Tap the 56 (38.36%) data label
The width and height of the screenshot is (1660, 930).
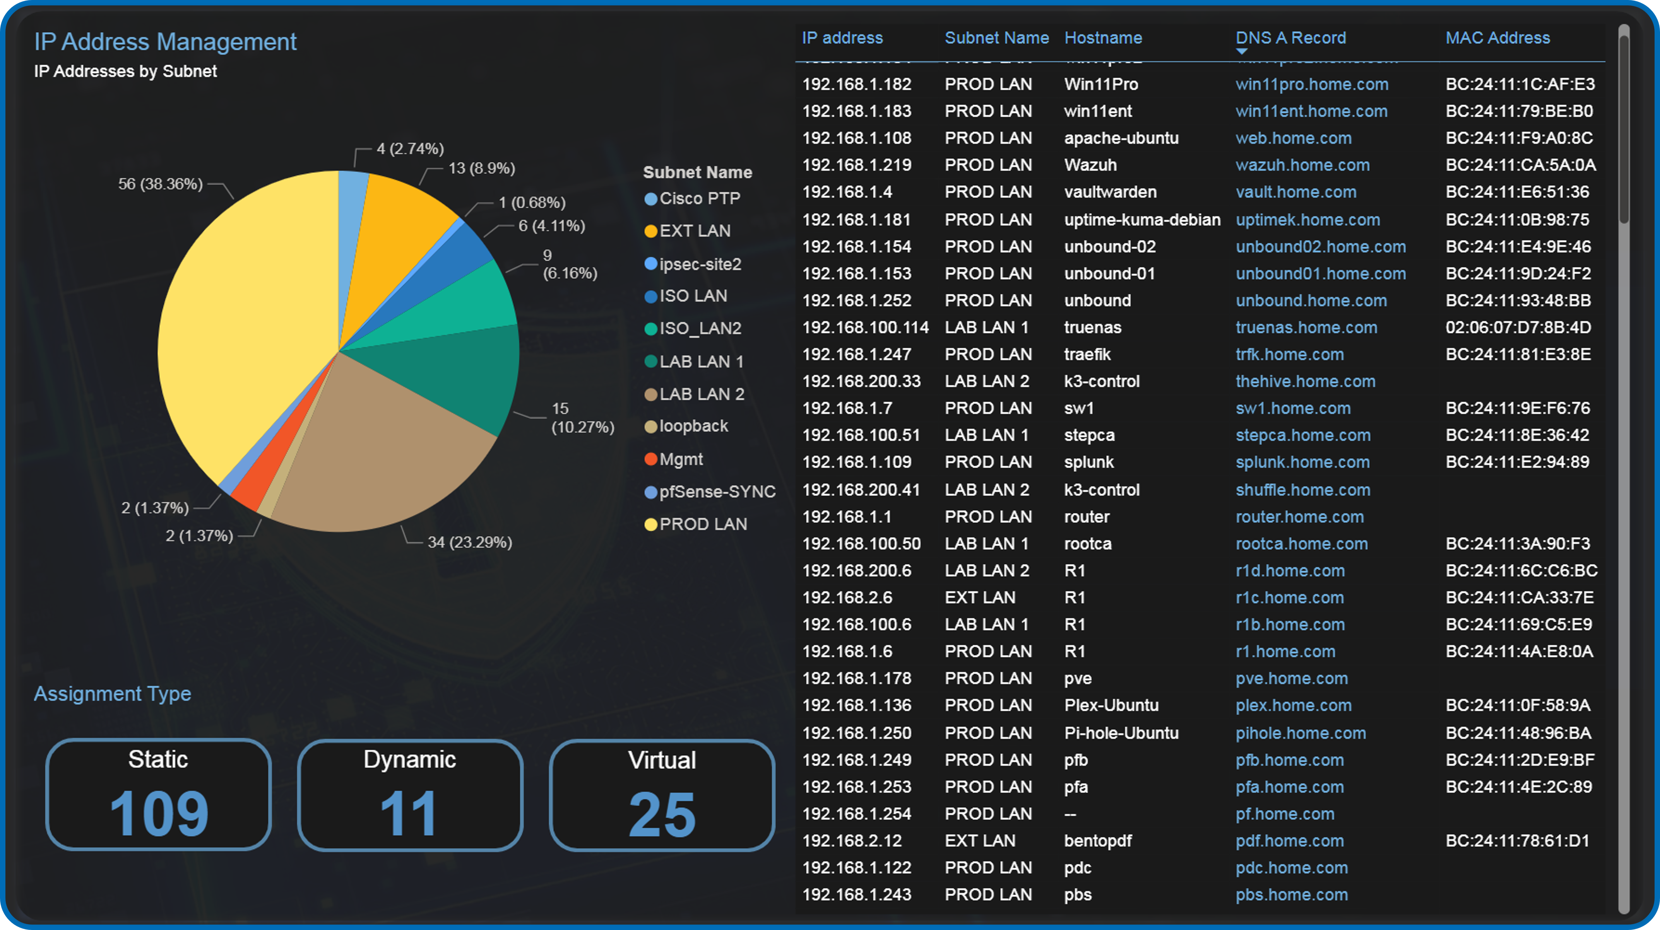pos(161,184)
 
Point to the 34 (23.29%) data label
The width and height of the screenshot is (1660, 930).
pos(470,542)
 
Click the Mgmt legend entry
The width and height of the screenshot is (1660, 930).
pos(681,459)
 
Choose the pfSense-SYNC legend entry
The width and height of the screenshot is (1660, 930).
pos(717,492)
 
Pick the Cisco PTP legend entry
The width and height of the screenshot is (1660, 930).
pos(699,198)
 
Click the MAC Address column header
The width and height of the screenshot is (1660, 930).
pos(1497,38)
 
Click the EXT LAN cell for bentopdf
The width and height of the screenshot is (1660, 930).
pos(979,840)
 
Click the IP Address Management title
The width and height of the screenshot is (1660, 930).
pos(165,42)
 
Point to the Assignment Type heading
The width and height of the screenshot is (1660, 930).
pos(113,694)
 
